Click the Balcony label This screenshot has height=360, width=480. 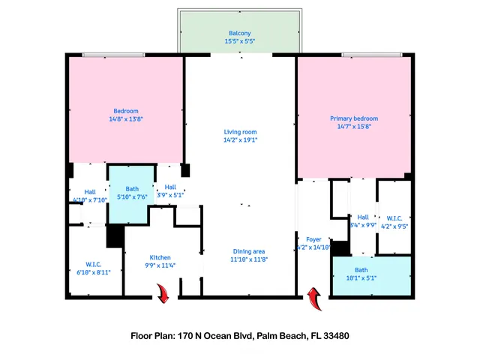[x=240, y=33]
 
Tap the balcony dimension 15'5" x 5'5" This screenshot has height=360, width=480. [x=240, y=42]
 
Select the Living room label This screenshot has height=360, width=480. [x=240, y=132]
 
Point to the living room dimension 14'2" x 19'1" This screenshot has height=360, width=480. [x=240, y=140]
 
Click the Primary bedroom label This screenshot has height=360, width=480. [x=354, y=118]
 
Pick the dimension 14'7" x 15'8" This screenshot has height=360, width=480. [x=354, y=127]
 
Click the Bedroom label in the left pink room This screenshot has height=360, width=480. [x=126, y=111]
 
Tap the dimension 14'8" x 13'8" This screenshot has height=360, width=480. [x=126, y=119]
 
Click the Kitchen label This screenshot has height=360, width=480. [x=160, y=256]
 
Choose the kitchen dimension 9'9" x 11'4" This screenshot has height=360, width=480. [x=160, y=265]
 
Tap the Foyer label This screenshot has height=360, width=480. [x=313, y=239]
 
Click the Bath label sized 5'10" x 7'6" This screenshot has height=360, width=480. [x=132, y=189]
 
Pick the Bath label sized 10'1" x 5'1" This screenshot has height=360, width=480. [x=361, y=270]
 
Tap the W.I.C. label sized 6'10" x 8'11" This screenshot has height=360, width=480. [x=94, y=264]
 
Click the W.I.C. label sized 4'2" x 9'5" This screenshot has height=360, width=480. [x=395, y=218]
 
